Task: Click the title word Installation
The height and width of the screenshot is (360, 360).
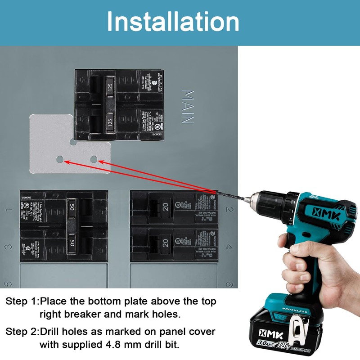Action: [173, 22]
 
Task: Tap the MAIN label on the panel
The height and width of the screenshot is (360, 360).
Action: [187, 107]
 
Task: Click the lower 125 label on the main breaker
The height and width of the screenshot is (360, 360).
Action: [109, 121]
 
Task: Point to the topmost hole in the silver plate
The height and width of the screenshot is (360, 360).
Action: [73, 142]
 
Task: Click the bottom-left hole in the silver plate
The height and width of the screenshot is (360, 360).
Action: [60, 159]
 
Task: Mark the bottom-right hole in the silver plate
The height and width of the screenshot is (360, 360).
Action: [94, 159]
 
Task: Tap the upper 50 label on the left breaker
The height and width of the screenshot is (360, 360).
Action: [72, 207]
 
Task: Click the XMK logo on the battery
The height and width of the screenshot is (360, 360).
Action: [269, 333]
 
